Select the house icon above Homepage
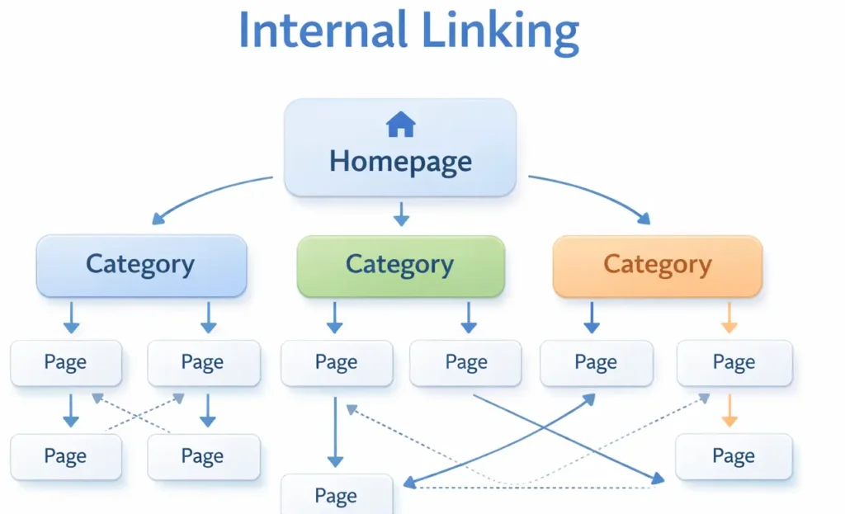(400, 125)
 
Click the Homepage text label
(400, 161)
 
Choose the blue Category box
(141, 265)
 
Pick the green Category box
(400, 265)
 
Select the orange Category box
(657, 265)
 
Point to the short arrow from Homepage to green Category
(401, 215)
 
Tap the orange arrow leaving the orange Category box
(729, 318)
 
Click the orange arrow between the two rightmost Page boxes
(729, 411)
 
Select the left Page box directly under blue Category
(66, 362)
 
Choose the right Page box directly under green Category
(466, 362)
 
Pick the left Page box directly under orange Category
(596, 362)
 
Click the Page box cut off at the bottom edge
(337, 495)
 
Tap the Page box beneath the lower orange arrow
(734, 456)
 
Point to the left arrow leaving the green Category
(334, 318)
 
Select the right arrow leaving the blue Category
(208, 318)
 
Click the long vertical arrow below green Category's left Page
(334, 433)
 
